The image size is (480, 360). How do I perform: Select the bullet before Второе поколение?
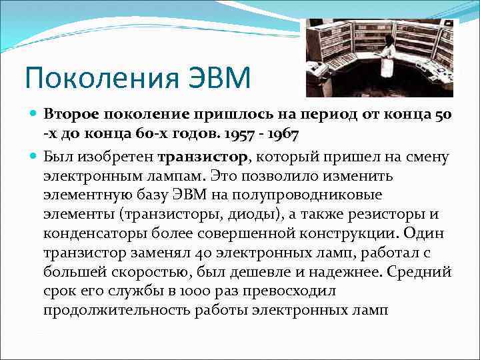tap(34, 115)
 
